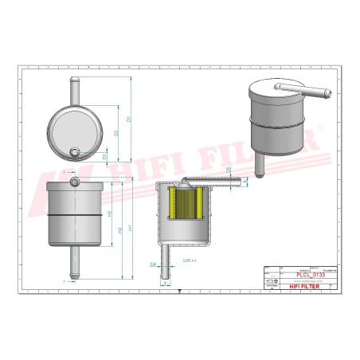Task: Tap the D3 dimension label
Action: click(x=106, y=156)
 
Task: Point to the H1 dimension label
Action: click(x=129, y=228)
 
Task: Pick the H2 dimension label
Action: click(x=119, y=230)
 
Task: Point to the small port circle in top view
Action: click(x=75, y=153)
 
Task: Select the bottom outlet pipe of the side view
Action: click(x=75, y=264)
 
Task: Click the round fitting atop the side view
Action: click(x=75, y=182)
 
